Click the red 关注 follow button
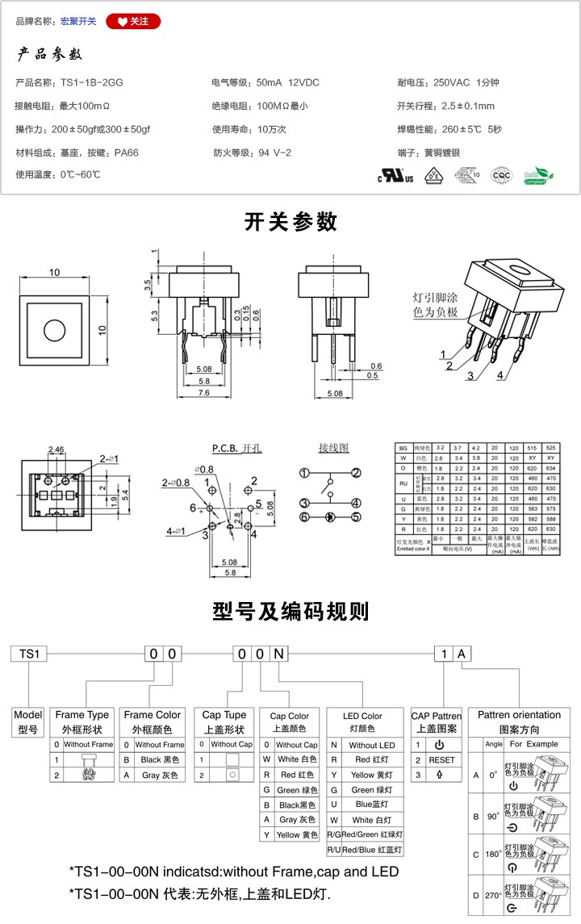[133, 22]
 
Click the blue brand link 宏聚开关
[78, 22]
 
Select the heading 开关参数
[290, 221]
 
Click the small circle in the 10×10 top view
[55, 330]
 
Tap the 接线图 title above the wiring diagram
[333, 448]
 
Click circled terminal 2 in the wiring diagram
[356, 473]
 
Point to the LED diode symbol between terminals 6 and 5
[329, 516]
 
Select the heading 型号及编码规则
[290, 611]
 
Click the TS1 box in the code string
[29, 654]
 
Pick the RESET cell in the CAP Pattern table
[442, 760]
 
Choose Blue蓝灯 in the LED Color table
[373, 804]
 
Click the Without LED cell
[373, 745]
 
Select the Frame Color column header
[153, 715]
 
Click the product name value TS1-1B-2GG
[92, 83]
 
